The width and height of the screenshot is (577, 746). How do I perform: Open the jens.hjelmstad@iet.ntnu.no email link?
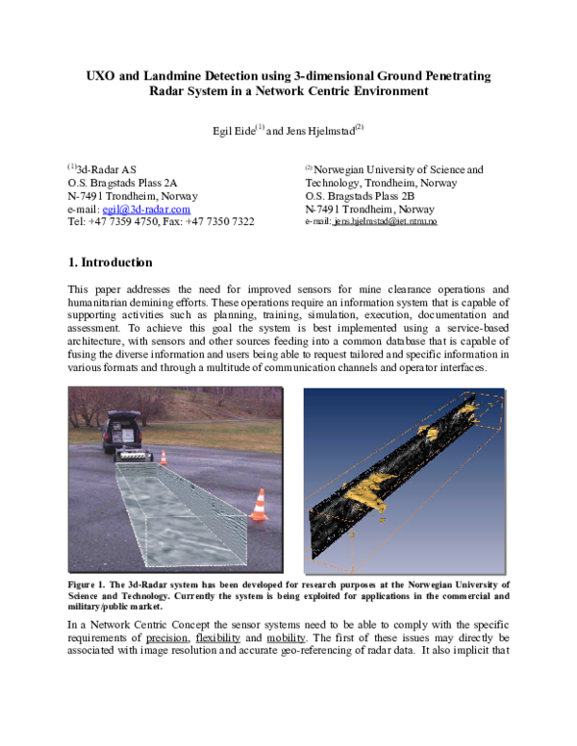tap(385, 222)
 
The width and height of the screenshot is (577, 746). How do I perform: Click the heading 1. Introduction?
tap(110, 262)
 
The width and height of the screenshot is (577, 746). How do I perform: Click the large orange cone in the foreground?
tap(258, 506)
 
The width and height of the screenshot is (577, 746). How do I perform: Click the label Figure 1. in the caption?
tap(90, 584)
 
